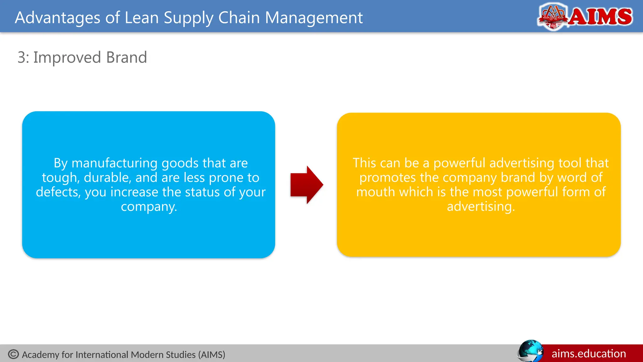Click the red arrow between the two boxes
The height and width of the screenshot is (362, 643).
point(306,185)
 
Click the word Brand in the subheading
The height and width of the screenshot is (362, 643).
point(127,58)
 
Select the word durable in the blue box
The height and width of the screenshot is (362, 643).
point(107,178)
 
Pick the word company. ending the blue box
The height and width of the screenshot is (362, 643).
point(149,206)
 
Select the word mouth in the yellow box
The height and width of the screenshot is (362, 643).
point(376,192)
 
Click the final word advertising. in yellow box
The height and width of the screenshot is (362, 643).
point(481,206)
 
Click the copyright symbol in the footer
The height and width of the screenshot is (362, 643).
point(14,354)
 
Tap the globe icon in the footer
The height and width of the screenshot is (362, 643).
point(530,351)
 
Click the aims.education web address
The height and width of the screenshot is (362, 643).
point(589,354)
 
